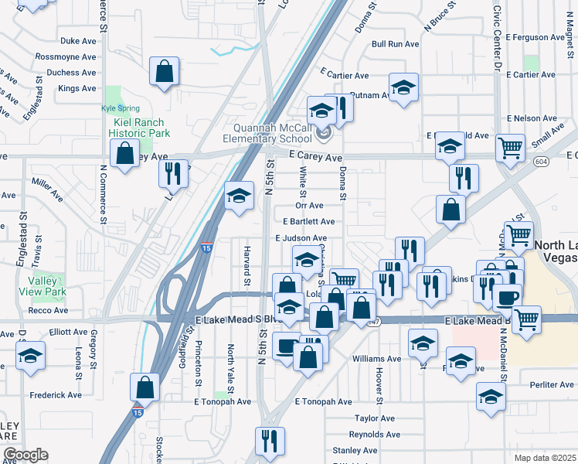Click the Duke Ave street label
(x=78, y=41)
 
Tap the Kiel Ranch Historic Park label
(x=138, y=128)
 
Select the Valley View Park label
(x=46, y=286)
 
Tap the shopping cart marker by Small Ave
(x=510, y=147)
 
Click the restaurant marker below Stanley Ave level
(x=270, y=441)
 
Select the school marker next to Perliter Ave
(x=491, y=396)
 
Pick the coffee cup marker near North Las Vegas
(x=507, y=297)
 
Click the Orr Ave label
(x=309, y=206)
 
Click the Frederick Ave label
(x=56, y=395)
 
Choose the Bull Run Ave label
(x=395, y=45)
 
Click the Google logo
(x=25, y=455)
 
